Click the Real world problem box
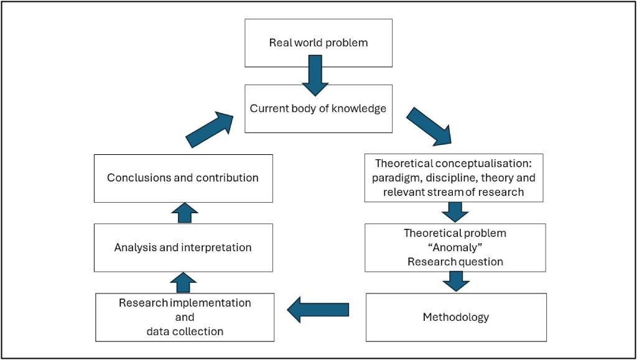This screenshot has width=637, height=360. pos(318,43)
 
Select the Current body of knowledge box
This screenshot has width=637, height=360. pos(318,109)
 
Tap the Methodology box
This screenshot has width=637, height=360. pos(455,317)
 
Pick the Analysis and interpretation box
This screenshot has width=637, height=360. pos(183,247)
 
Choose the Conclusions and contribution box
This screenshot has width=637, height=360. pos(183,178)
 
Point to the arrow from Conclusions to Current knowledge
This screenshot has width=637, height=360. pos(210,129)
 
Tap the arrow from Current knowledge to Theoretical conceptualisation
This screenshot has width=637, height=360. pos(430,126)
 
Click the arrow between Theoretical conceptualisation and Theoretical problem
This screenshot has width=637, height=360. pos(455,212)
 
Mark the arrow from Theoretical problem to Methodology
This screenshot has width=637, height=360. pos(455,281)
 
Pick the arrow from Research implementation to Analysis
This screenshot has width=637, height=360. pos(183,282)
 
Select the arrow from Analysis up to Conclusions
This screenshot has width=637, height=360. pos(183,213)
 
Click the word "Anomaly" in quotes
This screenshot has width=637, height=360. pos(455,247)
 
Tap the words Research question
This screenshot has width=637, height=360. pos(455,262)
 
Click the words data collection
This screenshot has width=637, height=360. pos(185,331)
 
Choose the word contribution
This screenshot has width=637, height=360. pos(228,178)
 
